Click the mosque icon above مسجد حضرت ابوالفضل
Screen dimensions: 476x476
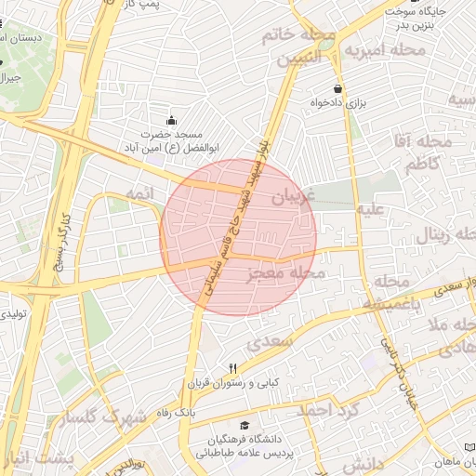tap(171, 120)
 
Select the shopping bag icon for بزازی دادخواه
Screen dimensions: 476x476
tap(323, 89)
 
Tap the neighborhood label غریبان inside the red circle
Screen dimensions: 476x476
tap(293, 197)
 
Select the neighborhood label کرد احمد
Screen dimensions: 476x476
tap(326, 410)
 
